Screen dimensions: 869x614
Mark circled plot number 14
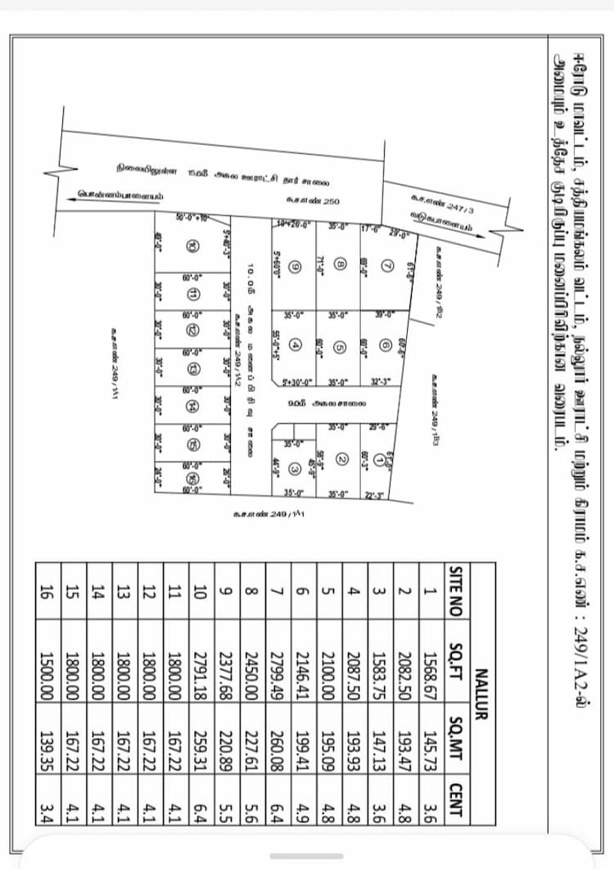(x=192, y=406)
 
